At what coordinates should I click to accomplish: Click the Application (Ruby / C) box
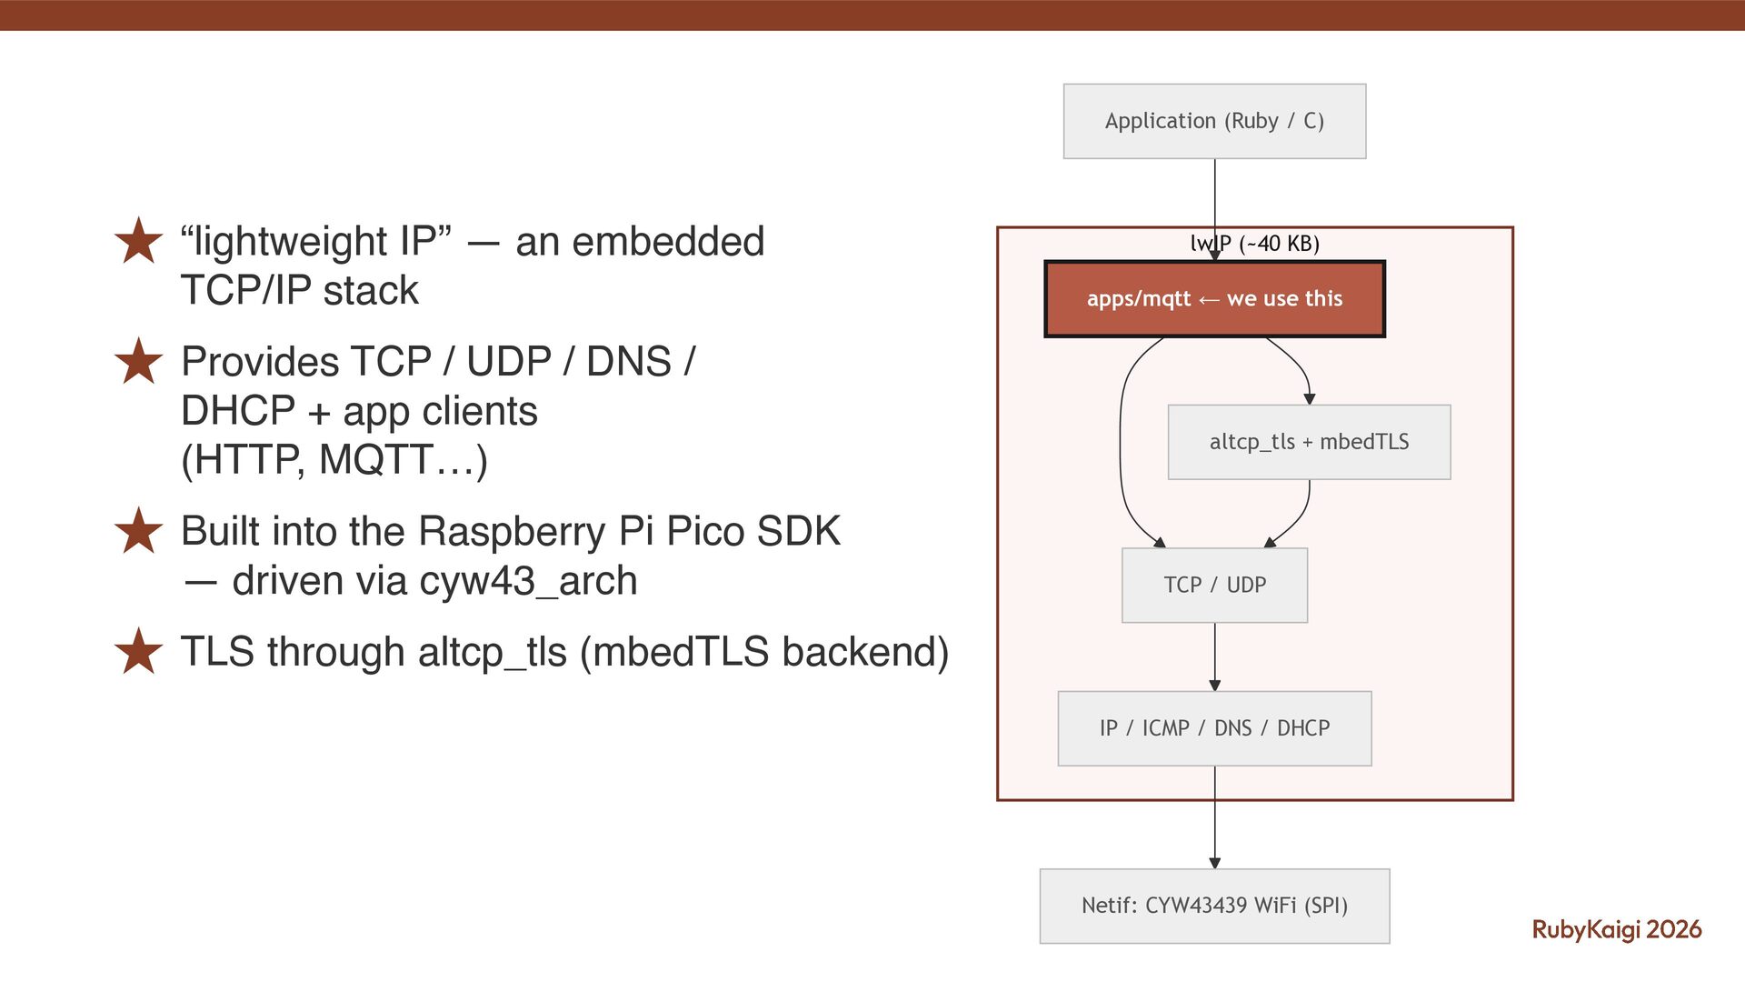click(1214, 121)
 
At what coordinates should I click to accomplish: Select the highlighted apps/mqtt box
click(1214, 299)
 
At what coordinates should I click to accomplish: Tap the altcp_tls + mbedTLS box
click(1309, 442)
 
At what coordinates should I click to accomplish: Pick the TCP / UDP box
click(1214, 585)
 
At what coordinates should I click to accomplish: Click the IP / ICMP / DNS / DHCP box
click(1214, 728)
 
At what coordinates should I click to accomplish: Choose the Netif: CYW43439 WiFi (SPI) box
click(1214, 906)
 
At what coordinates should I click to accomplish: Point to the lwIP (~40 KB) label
click(1255, 244)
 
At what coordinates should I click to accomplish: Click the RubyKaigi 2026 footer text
click(1616, 929)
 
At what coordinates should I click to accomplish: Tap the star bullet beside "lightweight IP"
click(138, 241)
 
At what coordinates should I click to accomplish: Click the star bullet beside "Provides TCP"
click(138, 361)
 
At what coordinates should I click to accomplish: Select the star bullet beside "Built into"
click(138, 531)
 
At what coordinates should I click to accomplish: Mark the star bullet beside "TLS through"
click(138, 651)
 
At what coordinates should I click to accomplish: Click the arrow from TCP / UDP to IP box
click(1214, 656)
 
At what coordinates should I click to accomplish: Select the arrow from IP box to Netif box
click(1214, 818)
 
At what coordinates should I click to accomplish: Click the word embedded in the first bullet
click(668, 242)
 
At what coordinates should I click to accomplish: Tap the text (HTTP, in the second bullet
click(244, 459)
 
